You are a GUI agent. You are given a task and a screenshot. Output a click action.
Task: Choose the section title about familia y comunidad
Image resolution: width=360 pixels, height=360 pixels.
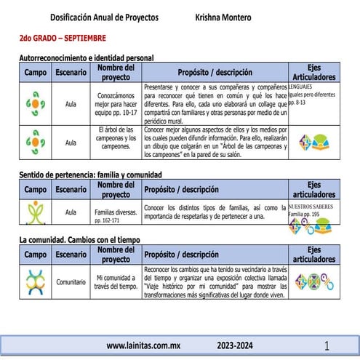[89, 175]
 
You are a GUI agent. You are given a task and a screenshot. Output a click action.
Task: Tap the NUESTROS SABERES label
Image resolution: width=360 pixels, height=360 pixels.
[314, 206]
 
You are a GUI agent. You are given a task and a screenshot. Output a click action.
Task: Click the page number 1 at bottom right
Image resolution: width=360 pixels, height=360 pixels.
[327, 345]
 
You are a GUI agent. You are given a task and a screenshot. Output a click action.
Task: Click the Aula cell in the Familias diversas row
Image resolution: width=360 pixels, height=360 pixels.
[71, 212]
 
